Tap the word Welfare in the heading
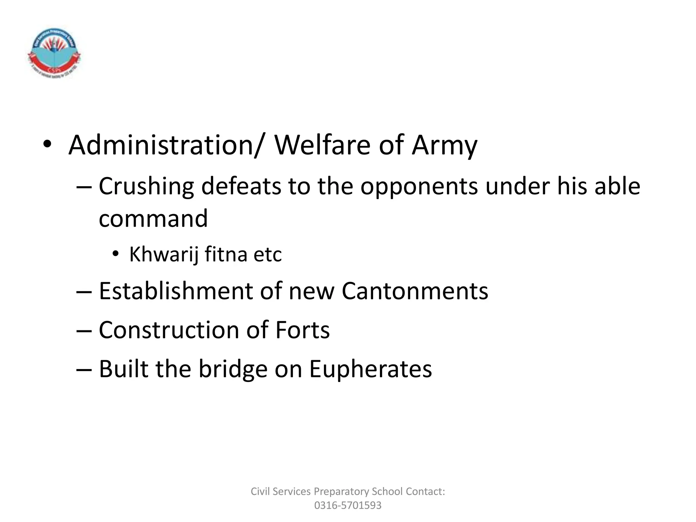point(323,145)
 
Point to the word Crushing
point(146,187)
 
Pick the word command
point(153,219)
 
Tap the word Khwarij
point(164,255)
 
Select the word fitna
point(225,254)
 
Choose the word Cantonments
point(415,291)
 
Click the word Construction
point(169,330)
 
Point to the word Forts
point(302,330)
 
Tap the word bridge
point(233,369)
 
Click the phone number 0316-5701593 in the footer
point(348,505)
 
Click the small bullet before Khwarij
point(116,254)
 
